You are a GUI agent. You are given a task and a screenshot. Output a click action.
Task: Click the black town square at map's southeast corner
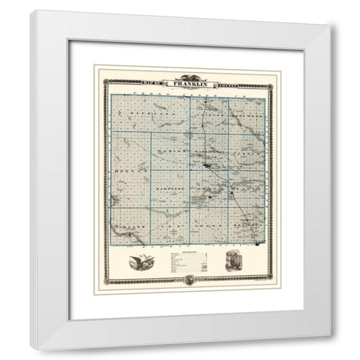[x=257, y=243]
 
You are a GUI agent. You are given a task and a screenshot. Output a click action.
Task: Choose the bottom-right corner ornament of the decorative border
[x=278, y=283]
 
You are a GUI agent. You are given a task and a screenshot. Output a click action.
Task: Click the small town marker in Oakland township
[x=135, y=235]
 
